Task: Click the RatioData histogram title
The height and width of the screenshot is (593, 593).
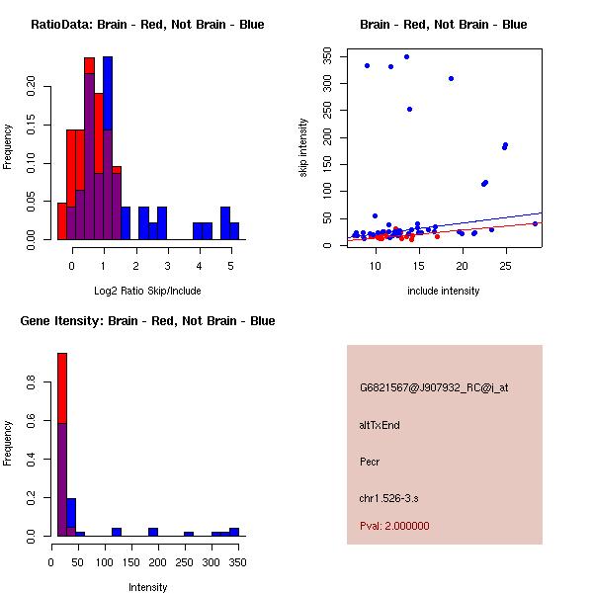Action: pos(147,25)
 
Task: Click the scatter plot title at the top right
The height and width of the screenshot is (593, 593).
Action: pos(444,25)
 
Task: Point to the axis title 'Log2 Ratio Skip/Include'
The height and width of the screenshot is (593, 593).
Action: pos(147,291)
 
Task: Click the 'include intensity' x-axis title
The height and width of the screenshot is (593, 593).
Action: pos(444,291)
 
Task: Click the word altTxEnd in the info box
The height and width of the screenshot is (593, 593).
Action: pos(380,425)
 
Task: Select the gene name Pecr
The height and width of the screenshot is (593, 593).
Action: pos(370,462)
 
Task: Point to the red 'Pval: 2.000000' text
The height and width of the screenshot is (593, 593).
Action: pos(394,527)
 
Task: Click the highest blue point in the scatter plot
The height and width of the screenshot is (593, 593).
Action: pos(406,56)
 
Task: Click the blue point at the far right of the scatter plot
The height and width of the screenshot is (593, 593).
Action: pos(535,223)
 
